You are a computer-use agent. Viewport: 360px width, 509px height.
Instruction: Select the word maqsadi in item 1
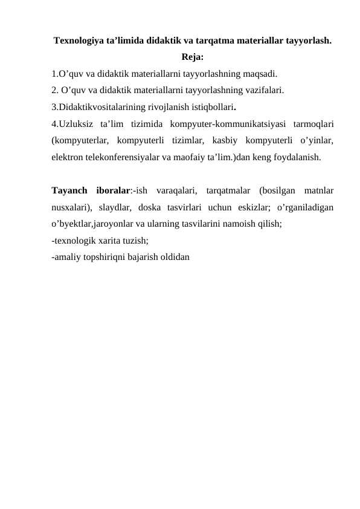(262, 74)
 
